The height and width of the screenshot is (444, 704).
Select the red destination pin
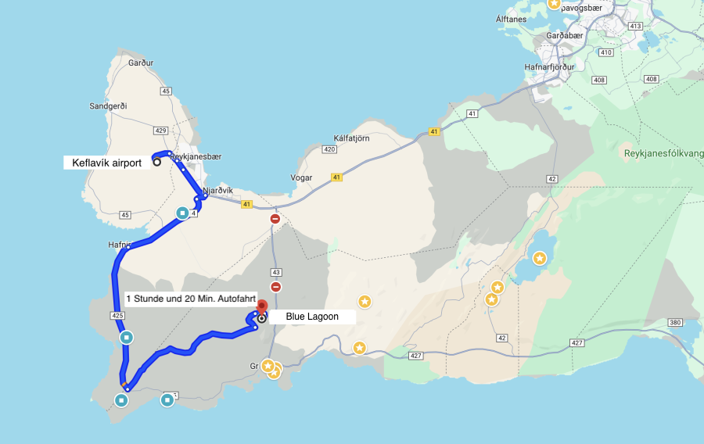262,306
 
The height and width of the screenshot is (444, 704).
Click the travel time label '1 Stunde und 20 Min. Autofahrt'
191,299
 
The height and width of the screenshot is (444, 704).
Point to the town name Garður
141,63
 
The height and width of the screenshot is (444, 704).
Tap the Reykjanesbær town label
196,156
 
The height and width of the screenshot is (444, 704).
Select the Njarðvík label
217,190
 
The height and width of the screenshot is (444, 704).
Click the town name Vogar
301,177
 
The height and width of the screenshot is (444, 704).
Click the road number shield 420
329,149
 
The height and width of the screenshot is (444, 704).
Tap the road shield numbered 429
161,131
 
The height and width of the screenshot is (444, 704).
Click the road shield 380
676,322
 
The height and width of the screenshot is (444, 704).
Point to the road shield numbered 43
275,272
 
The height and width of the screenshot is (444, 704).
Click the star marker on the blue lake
540,257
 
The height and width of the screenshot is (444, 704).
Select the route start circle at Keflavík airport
156,163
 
